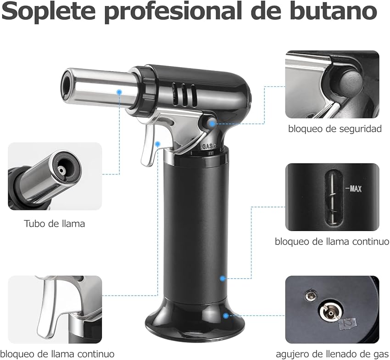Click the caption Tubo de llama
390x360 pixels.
coord(54,224)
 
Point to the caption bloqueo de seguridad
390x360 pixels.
coord(335,129)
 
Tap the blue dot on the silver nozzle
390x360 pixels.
coord(119,92)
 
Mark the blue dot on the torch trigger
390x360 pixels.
coord(157,144)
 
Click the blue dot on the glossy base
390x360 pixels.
coord(226,315)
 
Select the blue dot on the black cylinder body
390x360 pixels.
coord(223,278)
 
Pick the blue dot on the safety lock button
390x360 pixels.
coord(212,123)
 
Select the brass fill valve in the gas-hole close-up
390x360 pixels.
coord(328,313)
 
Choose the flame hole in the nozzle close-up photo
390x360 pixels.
coord(61,170)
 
